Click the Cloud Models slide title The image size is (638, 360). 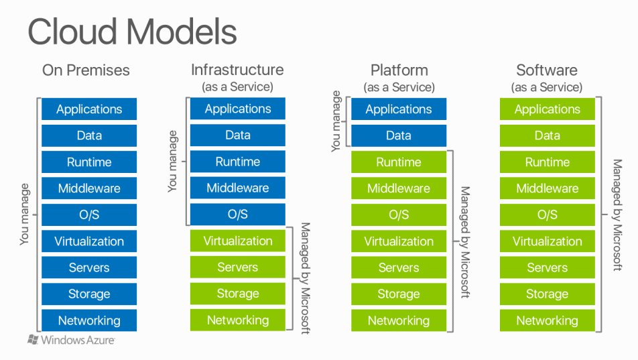132,32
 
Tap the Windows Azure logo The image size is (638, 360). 71,340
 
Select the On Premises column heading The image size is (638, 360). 86,70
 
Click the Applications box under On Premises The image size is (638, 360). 89,109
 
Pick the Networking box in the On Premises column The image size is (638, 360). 89,320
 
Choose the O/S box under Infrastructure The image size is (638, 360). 237,215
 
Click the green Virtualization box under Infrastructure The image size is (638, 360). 237,241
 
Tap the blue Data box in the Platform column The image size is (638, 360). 399,135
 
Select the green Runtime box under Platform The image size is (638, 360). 399,162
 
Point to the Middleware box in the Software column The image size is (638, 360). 548,188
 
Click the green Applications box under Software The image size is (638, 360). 548,109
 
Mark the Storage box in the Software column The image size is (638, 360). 548,294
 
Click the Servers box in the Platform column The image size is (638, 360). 399,267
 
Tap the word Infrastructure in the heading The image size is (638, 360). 237,70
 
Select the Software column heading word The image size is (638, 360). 547,70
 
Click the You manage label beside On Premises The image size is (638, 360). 25,215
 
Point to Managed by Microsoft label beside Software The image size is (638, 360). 617,215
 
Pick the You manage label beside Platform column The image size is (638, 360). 336,121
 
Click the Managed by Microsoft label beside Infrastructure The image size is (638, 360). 305,278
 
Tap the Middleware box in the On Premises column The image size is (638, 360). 89,188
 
